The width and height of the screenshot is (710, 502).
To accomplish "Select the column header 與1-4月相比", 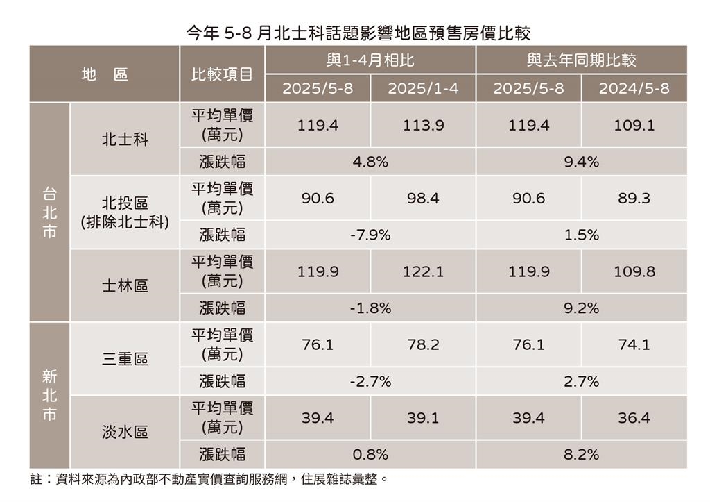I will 370,60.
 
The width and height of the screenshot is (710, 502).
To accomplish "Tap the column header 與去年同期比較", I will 581,60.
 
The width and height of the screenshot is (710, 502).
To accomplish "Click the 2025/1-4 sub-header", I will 423,89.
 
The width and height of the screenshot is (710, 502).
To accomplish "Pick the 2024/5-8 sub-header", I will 634,89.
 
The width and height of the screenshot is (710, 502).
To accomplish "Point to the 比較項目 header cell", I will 222,74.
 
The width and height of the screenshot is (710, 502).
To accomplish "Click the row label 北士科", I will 125,140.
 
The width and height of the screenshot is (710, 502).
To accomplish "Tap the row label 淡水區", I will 125,433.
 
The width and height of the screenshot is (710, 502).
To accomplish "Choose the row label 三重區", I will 125,360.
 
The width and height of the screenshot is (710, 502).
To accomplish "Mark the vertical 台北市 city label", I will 49,212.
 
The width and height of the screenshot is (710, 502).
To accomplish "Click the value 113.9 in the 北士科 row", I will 423,126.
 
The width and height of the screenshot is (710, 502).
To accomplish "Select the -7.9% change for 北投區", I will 370,235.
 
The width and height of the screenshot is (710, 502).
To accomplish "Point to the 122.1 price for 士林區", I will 423,272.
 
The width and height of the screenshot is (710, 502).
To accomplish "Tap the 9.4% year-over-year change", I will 581,162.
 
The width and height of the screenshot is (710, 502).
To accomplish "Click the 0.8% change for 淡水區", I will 370,455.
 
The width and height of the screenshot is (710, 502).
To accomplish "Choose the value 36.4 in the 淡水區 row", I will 634,419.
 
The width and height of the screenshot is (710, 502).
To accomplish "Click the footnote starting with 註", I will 208,480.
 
